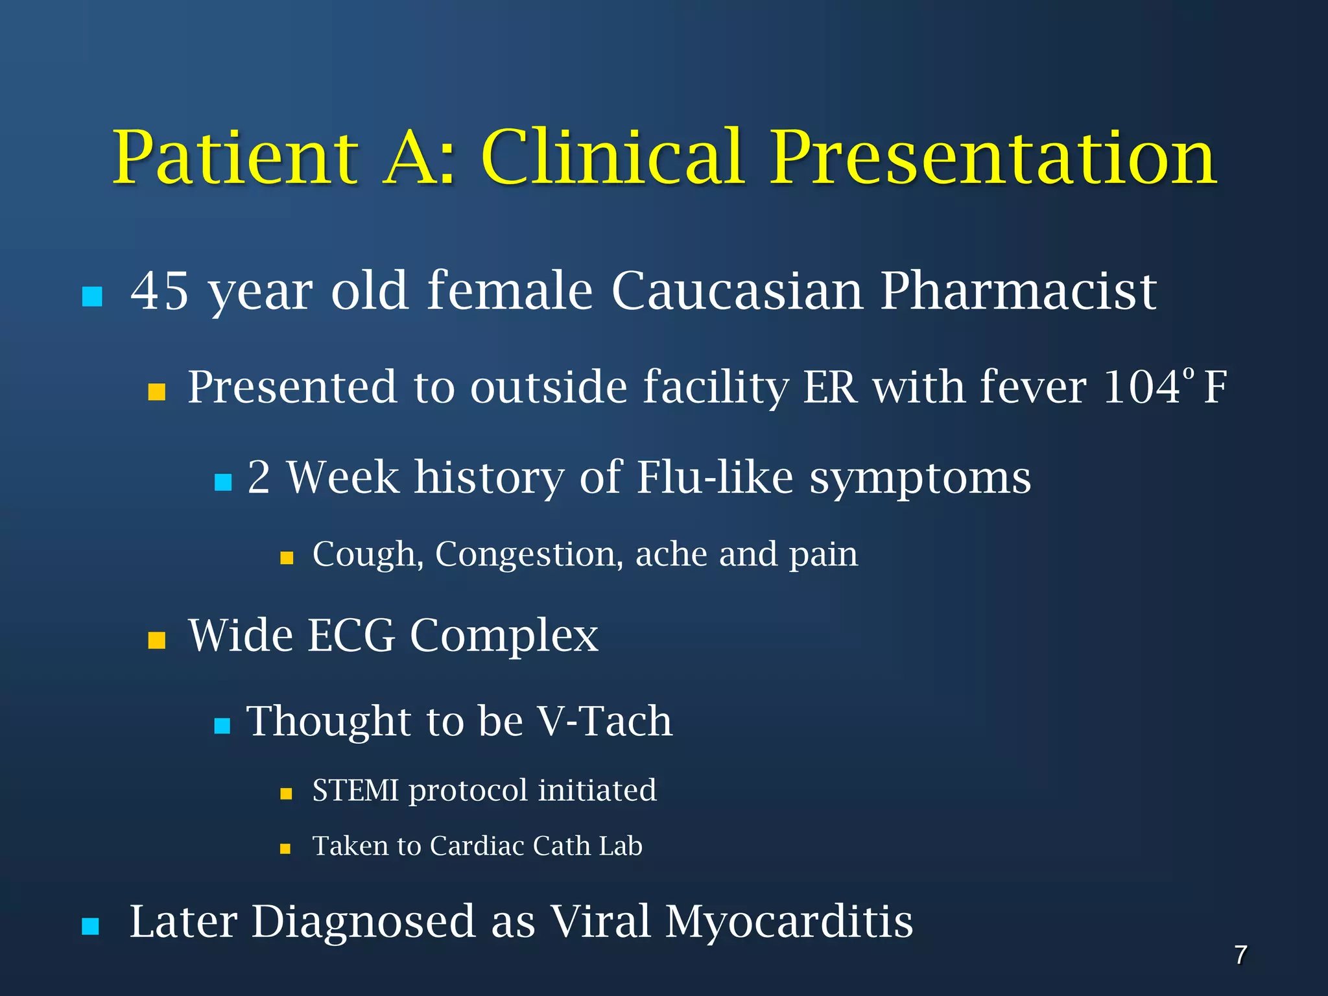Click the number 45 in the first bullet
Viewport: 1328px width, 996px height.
(160, 291)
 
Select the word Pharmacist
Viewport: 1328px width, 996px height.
(1018, 291)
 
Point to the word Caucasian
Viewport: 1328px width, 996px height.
(737, 291)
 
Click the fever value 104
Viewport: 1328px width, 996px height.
(1142, 387)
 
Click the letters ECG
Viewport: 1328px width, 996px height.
(351, 635)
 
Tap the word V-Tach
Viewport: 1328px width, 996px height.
(604, 721)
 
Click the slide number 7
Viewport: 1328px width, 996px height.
(1240, 955)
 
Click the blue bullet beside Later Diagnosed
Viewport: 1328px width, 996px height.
(91, 927)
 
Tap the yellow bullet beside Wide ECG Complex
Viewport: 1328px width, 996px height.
(157, 641)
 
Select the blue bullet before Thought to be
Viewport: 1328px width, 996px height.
(222, 726)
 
